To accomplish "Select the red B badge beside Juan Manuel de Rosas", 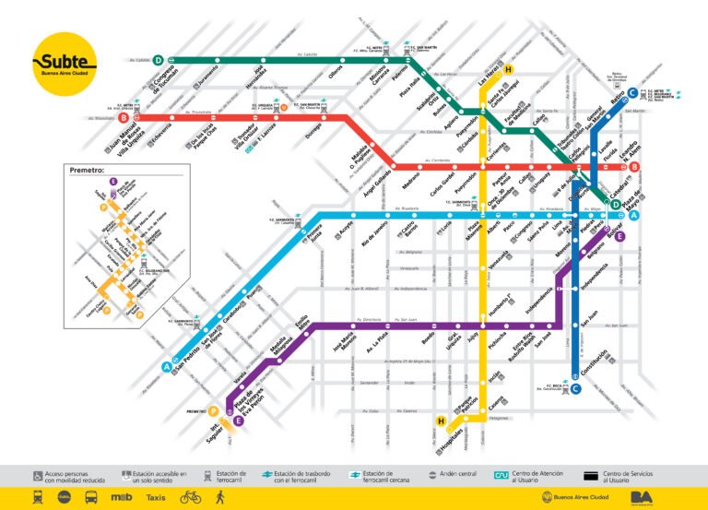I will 123,117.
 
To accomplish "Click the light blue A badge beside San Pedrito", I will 168,366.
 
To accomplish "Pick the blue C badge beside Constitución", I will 574,388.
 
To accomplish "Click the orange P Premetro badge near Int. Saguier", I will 213,411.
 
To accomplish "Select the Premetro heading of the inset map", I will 88,170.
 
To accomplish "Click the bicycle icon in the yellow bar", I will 191,497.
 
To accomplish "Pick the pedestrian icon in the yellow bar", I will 219,497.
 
